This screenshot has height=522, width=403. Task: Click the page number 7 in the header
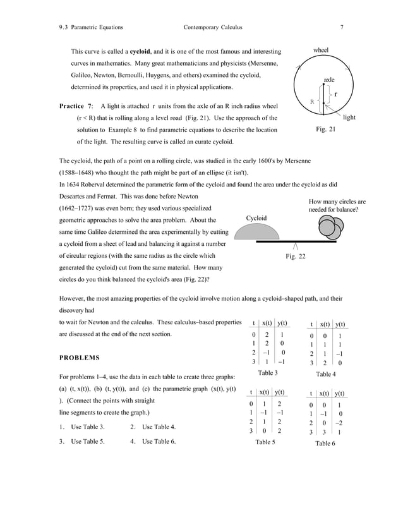[x=342, y=27]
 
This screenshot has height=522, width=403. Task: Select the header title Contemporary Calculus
[x=213, y=27]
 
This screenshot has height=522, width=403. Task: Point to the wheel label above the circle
[x=321, y=50]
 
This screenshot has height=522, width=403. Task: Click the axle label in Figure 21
[x=329, y=80]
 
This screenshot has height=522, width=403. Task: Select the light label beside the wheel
[x=349, y=118]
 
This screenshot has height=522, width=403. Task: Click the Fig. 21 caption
[x=325, y=130]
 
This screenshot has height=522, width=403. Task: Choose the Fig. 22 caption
[x=296, y=257]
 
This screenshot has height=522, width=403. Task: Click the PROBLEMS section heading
[x=79, y=358]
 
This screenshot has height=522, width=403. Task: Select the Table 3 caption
[x=268, y=373]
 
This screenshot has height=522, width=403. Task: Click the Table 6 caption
[x=325, y=444]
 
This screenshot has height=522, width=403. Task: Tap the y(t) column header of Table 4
[x=340, y=324]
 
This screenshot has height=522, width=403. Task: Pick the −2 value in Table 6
[x=340, y=423]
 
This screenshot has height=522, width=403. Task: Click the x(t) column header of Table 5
[x=265, y=392]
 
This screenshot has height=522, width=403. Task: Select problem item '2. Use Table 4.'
[x=152, y=427]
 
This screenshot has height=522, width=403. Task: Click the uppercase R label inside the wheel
[x=311, y=101]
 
